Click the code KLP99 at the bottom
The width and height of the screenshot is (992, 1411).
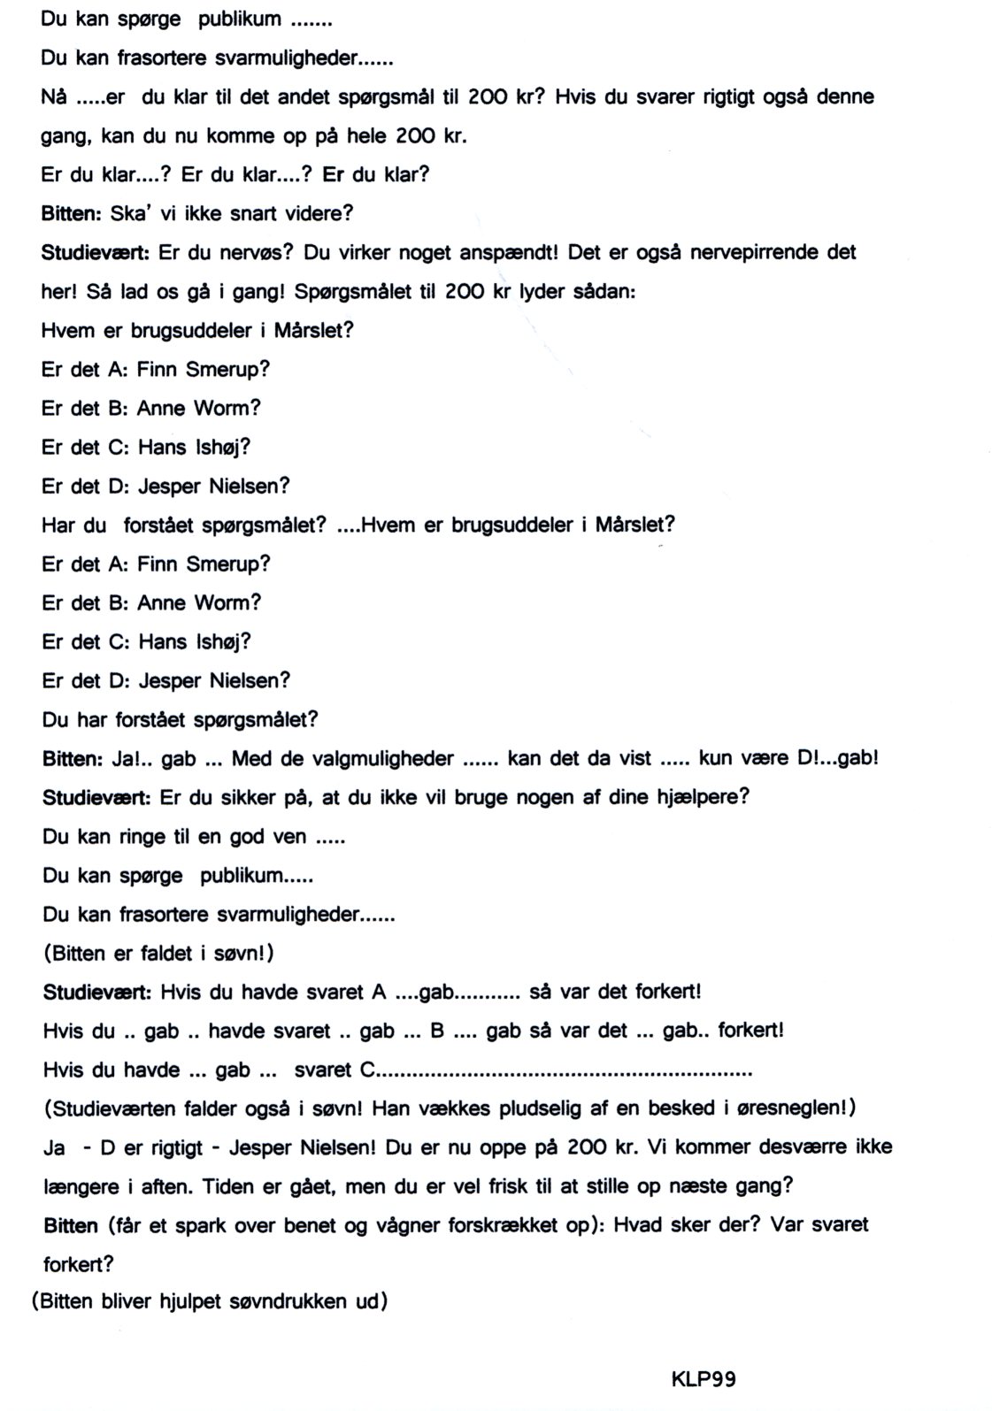[704, 1379]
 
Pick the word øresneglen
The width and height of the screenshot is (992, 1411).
[781, 1108]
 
